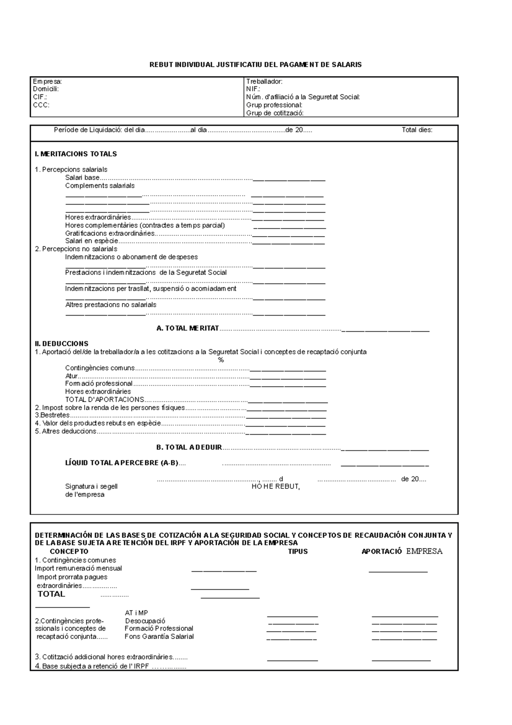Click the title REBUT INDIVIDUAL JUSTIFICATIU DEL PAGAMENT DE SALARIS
(255, 65)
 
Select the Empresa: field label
(47, 81)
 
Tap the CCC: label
(41, 105)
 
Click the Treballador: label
(264, 81)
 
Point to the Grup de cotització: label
(275, 113)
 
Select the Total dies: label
(417, 130)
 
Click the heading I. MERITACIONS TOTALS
(76, 154)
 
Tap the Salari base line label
(82, 178)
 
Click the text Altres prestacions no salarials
(111, 305)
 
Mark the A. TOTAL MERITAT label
(188, 328)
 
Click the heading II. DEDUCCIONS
(61, 344)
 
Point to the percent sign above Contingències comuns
(221, 360)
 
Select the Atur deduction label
(71, 376)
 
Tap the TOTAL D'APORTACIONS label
(105, 400)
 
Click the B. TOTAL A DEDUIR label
(189, 447)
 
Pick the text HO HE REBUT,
(276, 487)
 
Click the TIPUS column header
(298, 551)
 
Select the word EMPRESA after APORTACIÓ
(424, 551)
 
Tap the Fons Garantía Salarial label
(159, 637)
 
